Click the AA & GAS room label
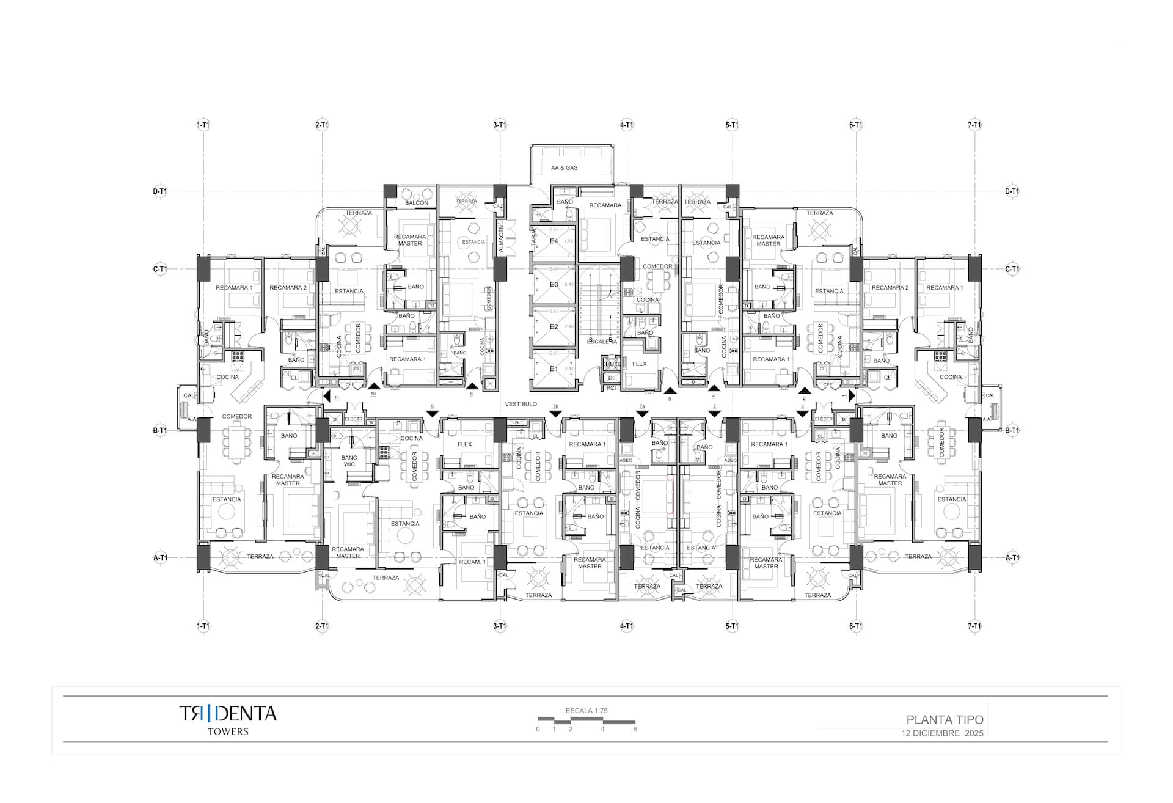[x=564, y=167]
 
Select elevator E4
[x=554, y=241]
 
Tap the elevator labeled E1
[x=554, y=369]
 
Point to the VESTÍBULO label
[x=521, y=404]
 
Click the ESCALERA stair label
[x=601, y=342]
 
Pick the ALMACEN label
[x=501, y=239]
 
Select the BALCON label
[x=417, y=202]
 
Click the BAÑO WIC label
[x=349, y=461]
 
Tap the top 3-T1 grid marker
[x=500, y=125]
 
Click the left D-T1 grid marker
[x=159, y=191]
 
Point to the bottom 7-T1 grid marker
[x=974, y=626]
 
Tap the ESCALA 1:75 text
[x=586, y=711]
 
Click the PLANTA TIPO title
[x=945, y=720]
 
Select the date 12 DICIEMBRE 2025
[x=942, y=733]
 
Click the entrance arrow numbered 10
[x=373, y=386]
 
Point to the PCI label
[x=611, y=387]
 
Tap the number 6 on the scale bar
[x=635, y=729]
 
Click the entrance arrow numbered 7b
[x=555, y=414]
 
